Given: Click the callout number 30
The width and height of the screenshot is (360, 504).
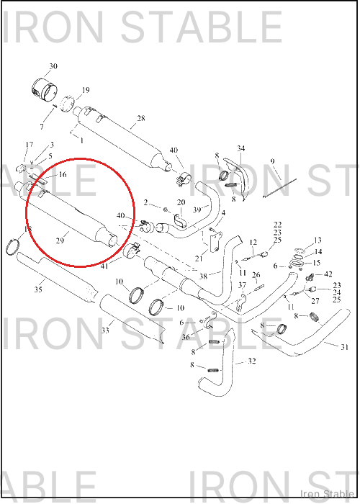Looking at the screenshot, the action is pos(53,66).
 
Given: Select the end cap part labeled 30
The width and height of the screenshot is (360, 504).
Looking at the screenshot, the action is pos(45,89).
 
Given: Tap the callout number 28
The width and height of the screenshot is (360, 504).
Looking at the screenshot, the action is pos(141,118).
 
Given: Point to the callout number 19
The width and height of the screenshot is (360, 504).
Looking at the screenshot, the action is pos(86,90).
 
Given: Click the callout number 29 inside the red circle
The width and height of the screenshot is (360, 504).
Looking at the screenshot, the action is pos(60,240).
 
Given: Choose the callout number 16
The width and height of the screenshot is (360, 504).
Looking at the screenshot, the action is pos(63,174).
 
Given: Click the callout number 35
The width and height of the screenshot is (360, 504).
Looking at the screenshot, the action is pos(38,289).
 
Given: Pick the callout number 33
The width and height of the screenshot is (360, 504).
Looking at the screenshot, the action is pos(105,330).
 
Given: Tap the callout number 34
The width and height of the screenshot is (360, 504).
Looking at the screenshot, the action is pos(241,148).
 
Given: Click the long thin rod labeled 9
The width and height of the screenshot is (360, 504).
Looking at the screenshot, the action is pos(279,188).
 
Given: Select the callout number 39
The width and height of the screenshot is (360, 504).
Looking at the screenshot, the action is pos(197,210).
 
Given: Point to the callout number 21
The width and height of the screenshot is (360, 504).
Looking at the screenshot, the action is pos(199,258).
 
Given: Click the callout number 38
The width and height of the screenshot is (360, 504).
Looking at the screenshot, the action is pos(203,276).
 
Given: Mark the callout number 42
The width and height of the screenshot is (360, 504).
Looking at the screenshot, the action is pos(328,274).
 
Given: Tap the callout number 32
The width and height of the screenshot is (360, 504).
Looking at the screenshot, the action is pos(252,361).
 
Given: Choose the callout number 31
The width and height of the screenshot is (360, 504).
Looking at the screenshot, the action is pos(345,347).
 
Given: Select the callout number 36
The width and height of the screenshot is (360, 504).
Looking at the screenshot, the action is pos(186,337).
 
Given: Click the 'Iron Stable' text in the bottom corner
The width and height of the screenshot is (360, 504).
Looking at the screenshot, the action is pos(328,494).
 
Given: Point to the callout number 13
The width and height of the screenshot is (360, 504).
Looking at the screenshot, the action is pos(318,240).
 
